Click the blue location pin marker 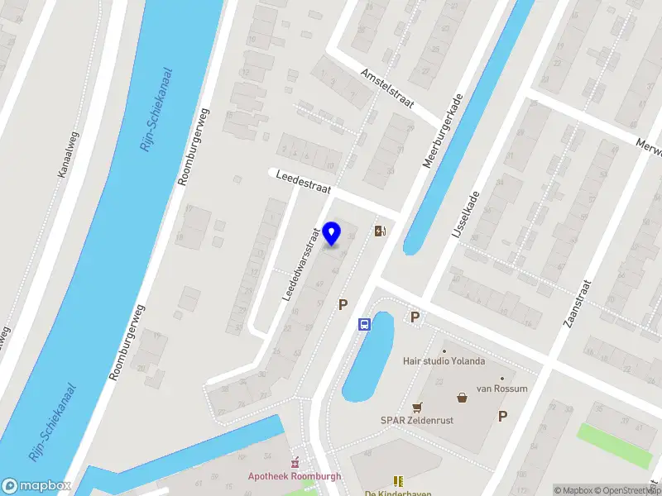pyautogui.click(x=332, y=234)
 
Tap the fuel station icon pyautogui.click(x=380, y=231)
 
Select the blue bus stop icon pyautogui.click(x=363, y=324)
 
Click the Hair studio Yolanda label pyautogui.click(x=444, y=361)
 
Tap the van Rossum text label pyautogui.click(x=500, y=389)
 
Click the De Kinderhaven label pyautogui.click(x=398, y=493)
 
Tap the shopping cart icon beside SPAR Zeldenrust pyautogui.click(x=417, y=407)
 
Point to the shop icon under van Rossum pyautogui.click(x=462, y=398)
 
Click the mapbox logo pyautogui.click(x=36, y=486)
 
